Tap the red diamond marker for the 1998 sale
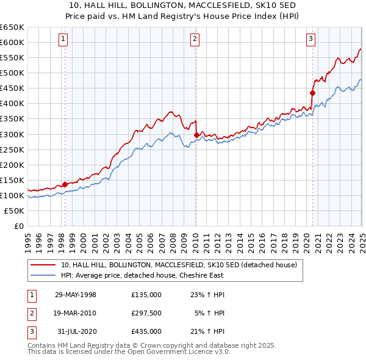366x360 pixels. click(x=65, y=184)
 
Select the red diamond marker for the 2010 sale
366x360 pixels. click(x=196, y=135)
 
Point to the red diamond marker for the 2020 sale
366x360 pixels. click(x=312, y=93)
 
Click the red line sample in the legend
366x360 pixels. click(x=43, y=265)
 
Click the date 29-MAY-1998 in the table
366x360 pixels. click(x=76, y=295)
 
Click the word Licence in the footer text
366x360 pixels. click(x=178, y=352)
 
